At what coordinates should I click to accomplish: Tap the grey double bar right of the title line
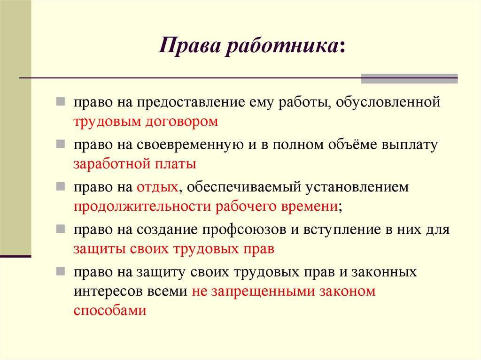tap(409, 78)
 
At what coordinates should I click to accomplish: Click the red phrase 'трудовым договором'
tap(146, 122)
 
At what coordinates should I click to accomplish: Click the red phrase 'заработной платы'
tap(135, 165)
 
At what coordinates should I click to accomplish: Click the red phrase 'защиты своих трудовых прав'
tap(174, 249)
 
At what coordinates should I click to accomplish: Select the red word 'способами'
tap(110, 310)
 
